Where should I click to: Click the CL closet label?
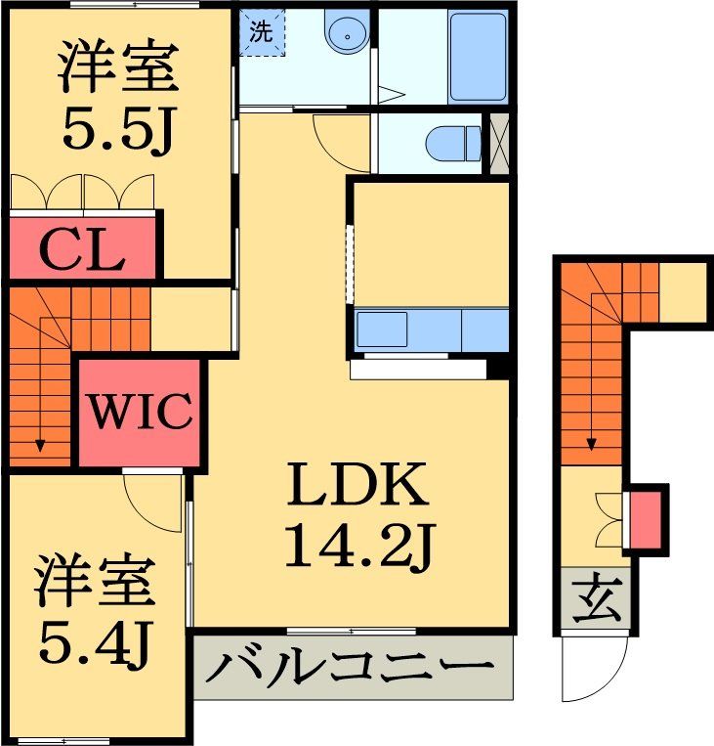coord(82,250)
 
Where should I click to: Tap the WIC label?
coord(141,413)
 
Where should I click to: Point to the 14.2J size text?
coord(357,548)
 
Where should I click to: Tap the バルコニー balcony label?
coord(351,669)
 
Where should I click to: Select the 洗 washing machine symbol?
coord(261,31)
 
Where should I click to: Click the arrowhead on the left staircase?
coord(40,446)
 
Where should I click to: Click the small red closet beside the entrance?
coord(645,519)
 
